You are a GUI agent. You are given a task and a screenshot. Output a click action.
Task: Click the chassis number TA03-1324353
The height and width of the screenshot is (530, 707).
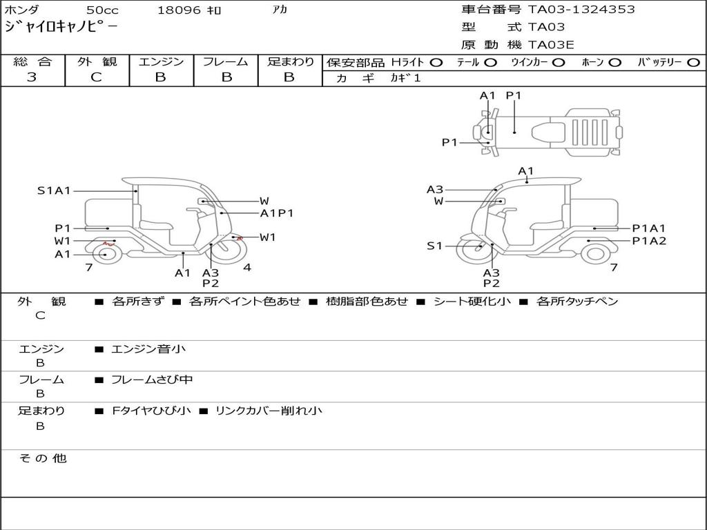(x=581, y=10)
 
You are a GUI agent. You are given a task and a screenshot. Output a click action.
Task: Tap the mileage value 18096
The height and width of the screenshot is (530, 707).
(x=179, y=10)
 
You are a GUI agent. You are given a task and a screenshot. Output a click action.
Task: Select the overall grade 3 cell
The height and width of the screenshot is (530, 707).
(x=32, y=77)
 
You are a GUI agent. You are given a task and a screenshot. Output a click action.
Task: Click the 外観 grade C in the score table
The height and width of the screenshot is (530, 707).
(x=96, y=77)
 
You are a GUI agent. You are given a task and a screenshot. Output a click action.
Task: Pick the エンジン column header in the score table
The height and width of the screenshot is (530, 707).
(x=161, y=61)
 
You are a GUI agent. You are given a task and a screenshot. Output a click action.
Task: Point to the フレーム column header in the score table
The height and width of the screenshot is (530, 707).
(x=225, y=61)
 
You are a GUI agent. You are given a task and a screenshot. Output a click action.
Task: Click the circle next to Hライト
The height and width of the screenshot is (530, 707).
(x=436, y=62)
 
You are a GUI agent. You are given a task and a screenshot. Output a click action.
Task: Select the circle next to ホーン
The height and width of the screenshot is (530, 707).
(x=614, y=62)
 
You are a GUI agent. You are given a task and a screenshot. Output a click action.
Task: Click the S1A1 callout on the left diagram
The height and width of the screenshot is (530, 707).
(x=54, y=190)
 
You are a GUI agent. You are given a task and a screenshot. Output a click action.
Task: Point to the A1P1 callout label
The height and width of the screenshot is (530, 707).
(x=277, y=213)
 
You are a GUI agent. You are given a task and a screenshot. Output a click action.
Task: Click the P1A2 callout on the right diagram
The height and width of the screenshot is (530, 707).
(x=649, y=241)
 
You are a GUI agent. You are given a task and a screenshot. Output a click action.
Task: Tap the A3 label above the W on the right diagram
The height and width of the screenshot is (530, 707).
(x=435, y=190)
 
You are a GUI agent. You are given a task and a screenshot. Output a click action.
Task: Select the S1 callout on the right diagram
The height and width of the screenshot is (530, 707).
(x=434, y=246)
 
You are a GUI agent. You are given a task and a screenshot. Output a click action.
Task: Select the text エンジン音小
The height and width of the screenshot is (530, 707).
(x=148, y=349)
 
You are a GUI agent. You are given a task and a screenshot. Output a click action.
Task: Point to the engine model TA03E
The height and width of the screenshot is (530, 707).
(x=551, y=45)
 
